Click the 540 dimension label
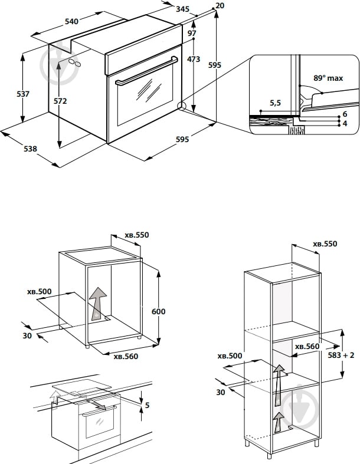coord(71,22)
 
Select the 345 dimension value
coord(182,9)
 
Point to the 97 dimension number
coord(192,33)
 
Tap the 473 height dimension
coord(194,59)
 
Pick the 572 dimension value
coord(60,101)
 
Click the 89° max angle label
coord(328,77)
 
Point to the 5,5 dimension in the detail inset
coord(275,103)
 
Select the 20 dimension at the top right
coord(220,5)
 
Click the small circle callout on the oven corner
coord(182,107)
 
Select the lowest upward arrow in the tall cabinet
coord(277,421)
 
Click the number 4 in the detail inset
coord(344,123)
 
